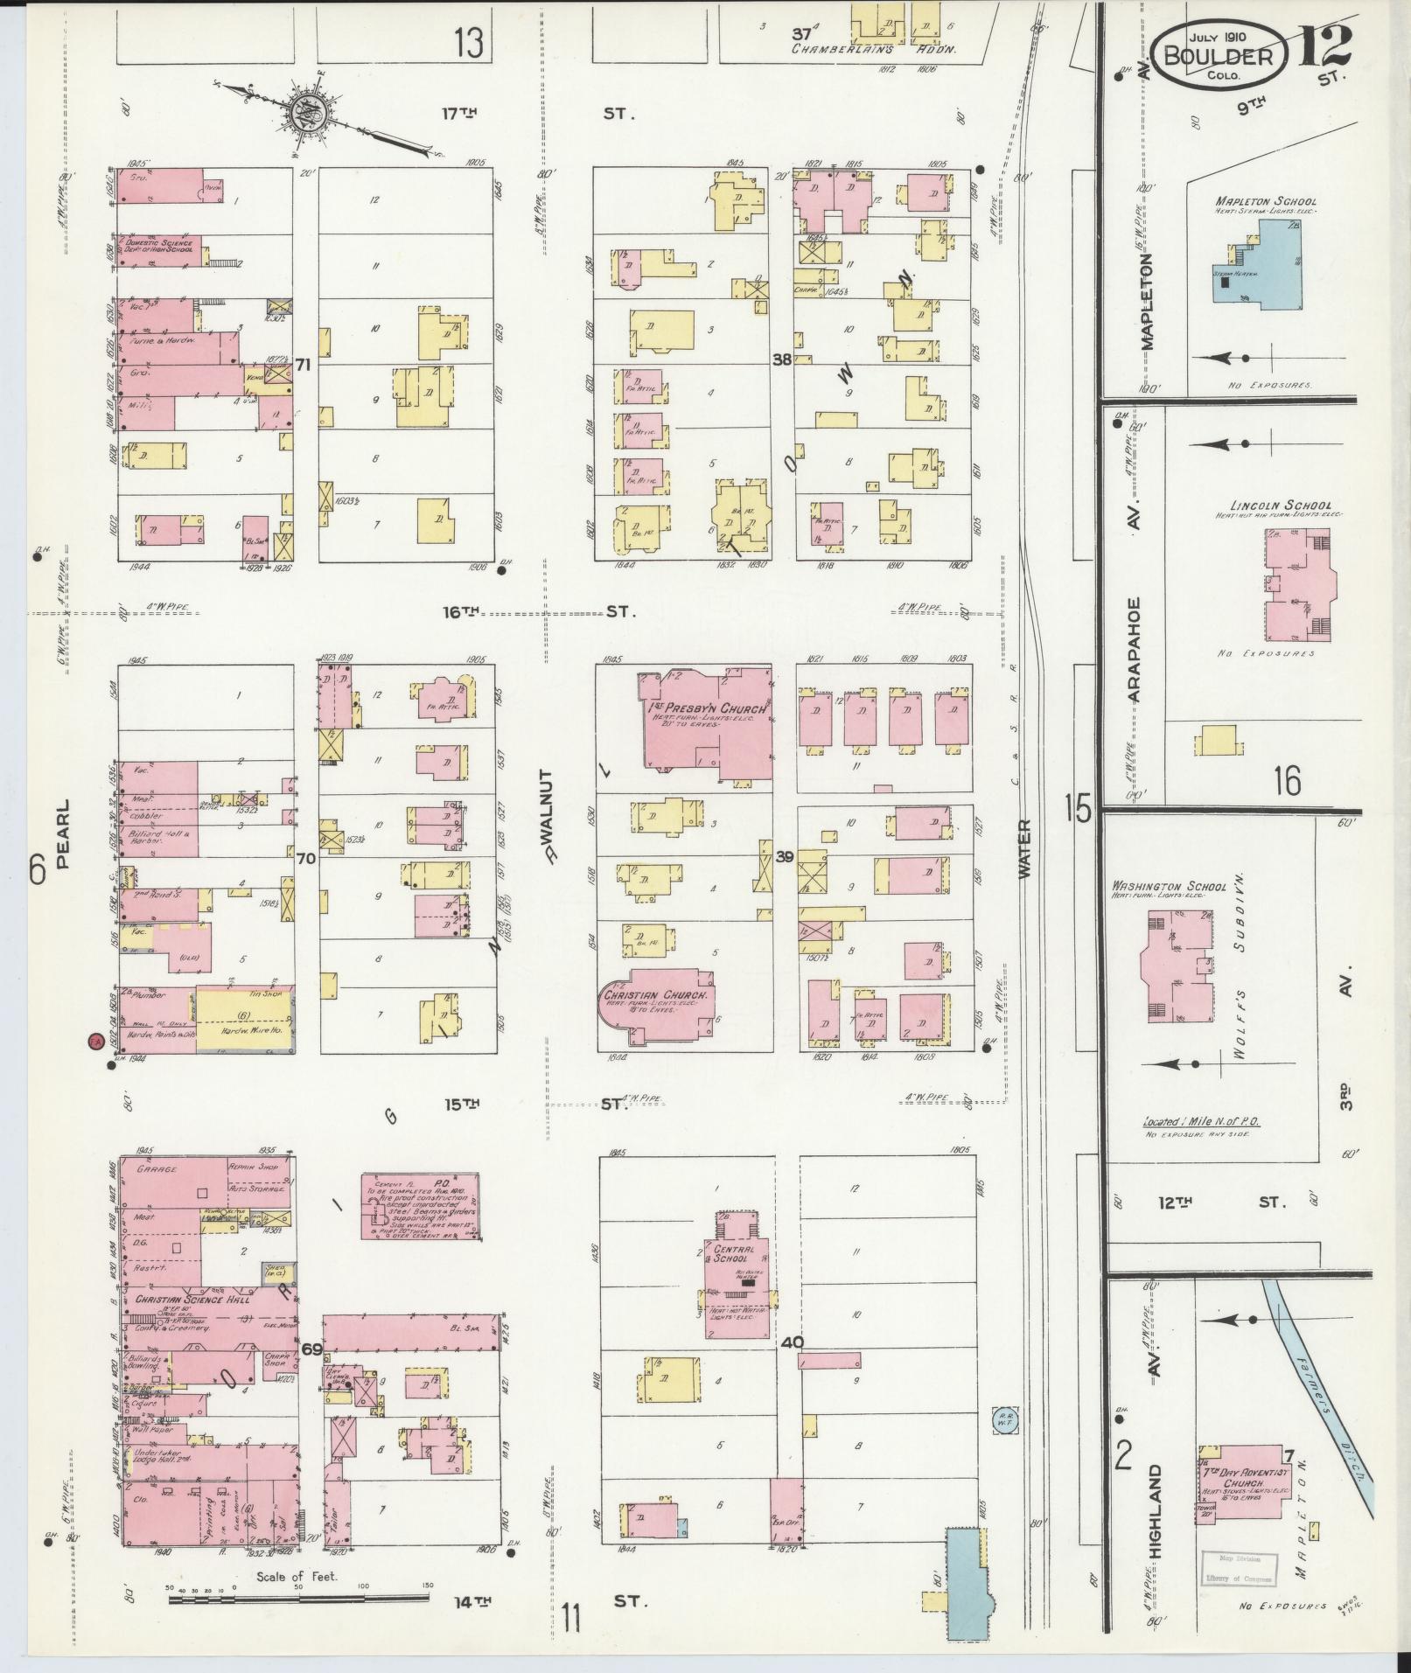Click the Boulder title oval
tap(1223, 55)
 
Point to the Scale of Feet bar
tap(297, 1599)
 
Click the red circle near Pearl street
tap(96, 1041)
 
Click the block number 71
tap(304, 364)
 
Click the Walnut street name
tap(549, 813)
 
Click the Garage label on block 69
tap(157, 1169)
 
